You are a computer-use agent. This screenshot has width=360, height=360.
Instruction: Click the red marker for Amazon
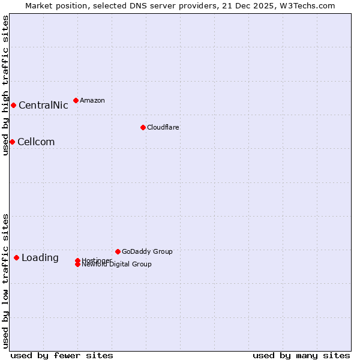coord(76,100)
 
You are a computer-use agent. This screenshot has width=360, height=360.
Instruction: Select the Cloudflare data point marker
coord(143,127)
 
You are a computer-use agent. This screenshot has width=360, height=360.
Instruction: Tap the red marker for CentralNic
coord(13,106)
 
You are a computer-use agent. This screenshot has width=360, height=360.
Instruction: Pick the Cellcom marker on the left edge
coord(12,142)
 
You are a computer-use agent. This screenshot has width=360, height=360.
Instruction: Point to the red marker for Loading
coord(16,257)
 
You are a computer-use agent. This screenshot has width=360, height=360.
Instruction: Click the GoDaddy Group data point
coord(118,251)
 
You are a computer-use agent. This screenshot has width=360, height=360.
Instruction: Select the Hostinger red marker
coord(77,260)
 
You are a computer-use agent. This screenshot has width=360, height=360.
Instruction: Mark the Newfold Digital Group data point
coord(77,265)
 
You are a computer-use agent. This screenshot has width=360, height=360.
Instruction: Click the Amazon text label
coord(92,100)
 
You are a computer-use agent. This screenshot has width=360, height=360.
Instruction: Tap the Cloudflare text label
coord(163,127)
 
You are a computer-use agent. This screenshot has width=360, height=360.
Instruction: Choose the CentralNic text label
coord(43,106)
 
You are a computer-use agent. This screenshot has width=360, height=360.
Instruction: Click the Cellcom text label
coord(36,142)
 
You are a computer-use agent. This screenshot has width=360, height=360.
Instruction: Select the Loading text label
coord(40,258)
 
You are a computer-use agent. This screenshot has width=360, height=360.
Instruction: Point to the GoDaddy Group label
coord(147,251)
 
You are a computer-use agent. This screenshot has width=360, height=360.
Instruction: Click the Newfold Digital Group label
coord(117,265)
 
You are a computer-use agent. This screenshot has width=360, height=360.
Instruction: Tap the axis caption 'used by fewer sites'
coord(62,355)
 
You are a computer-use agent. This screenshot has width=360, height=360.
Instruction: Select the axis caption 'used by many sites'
coord(301,355)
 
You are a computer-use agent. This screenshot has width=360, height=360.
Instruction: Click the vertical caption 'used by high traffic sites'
coord(5,85)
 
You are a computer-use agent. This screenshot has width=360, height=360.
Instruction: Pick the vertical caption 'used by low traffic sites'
coord(5,281)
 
